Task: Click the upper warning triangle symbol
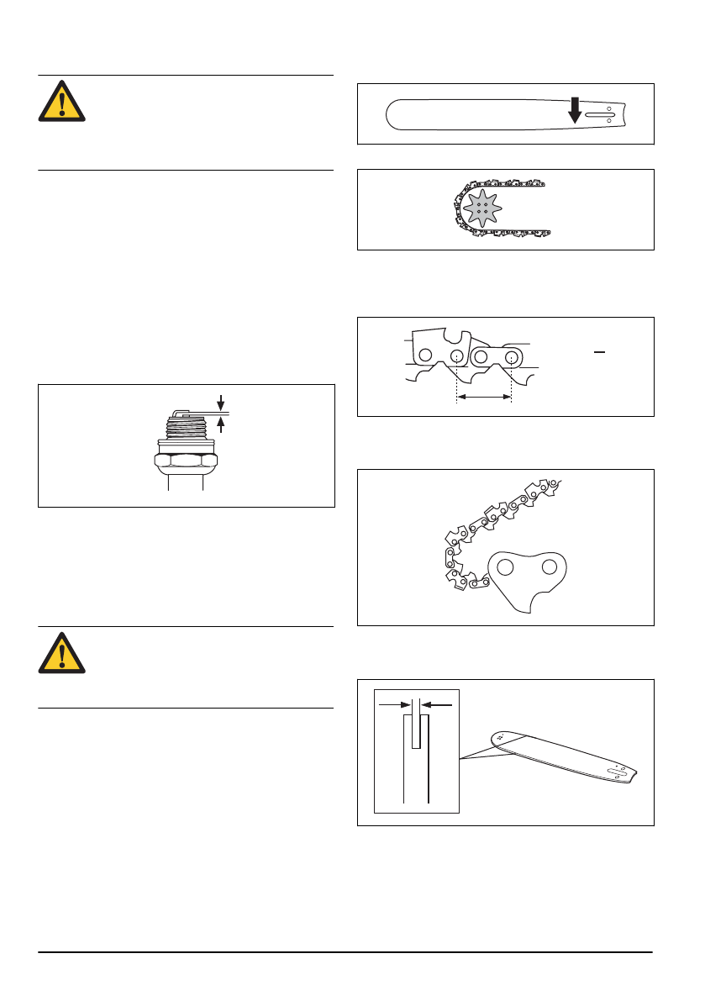coord(61,102)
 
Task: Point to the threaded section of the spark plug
coord(186,431)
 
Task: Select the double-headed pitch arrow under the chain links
coord(483,394)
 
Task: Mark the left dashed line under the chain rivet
coord(456,380)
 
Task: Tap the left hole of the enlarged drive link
coord(505,567)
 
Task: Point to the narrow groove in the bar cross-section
coord(416,731)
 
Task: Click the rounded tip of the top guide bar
coord(391,114)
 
